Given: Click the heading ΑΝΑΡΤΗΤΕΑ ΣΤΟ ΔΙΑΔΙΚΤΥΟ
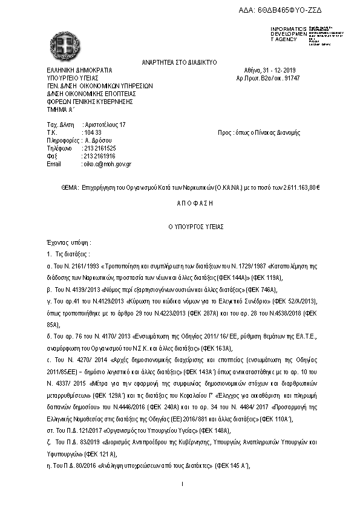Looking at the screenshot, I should [180, 62].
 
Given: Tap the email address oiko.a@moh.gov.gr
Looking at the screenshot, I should [106, 164].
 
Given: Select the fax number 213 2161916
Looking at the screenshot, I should [100, 156].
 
